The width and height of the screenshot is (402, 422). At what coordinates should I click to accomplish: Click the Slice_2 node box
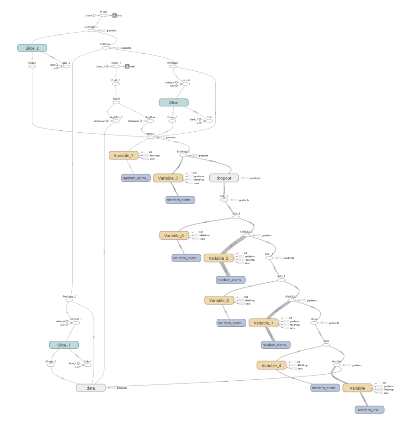click(x=32, y=48)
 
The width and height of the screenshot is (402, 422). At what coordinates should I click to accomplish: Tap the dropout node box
click(x=224, y=178)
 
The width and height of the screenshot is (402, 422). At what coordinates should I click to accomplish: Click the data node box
click(x=91, y=388)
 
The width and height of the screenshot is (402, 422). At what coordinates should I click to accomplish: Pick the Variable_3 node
click(x=168, y=178)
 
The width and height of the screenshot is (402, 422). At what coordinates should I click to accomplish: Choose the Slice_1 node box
click(x=64, y=345)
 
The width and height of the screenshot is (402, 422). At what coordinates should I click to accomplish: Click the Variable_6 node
click(x=174, y=235)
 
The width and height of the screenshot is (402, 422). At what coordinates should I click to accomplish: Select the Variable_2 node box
click(x=218, y=258)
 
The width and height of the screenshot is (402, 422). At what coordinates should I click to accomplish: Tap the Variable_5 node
click(x=219, y=300)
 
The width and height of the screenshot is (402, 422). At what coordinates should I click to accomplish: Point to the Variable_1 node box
click(x=263, y=323)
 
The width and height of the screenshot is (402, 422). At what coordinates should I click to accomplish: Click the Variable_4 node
click(x=272, y=365)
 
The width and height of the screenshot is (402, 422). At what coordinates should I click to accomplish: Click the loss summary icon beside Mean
click(x=114, y=15)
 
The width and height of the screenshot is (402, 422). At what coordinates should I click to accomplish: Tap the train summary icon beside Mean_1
click(x=127, y=67)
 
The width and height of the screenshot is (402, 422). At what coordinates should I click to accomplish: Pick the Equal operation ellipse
click(x=116, y=103)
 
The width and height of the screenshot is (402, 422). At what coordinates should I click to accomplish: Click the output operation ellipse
click(x=151, y=137)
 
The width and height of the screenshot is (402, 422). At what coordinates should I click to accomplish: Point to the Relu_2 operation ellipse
click(x=224, y=200)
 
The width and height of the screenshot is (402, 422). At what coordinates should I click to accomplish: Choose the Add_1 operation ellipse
click(x=281, y=280)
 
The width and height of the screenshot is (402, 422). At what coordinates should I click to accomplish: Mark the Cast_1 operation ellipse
click(x=115, y=84)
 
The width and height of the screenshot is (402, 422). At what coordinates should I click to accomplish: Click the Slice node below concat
click(x=174, y=102)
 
